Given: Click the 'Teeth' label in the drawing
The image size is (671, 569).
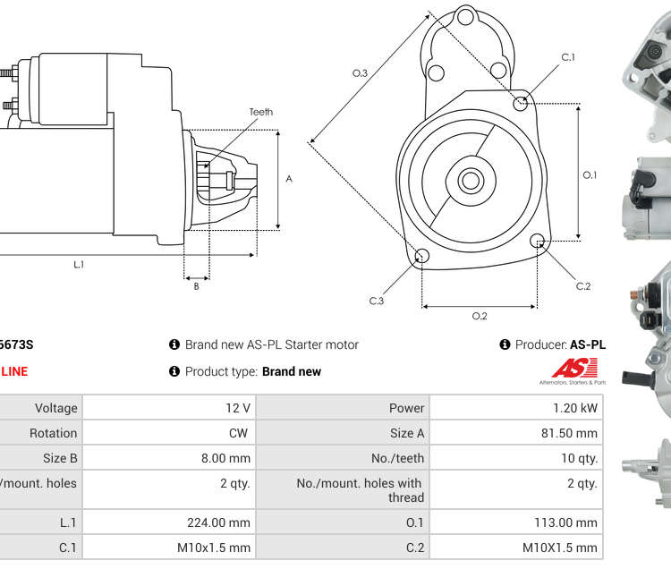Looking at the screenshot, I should [260, 112].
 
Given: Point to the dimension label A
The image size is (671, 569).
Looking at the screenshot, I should [289, 179].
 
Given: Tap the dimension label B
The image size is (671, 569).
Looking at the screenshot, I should [196, 286].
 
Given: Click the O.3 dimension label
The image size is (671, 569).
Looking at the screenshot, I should [360, 73].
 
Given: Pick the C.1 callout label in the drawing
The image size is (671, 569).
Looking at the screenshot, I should [568, 57].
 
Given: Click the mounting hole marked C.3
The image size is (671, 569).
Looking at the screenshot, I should [422, 258].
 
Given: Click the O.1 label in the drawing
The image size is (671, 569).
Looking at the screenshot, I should [590, 174].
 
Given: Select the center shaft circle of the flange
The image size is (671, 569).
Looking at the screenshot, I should [471, 181].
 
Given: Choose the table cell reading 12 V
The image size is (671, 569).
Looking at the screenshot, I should [238, 408].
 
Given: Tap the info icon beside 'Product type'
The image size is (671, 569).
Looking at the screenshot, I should [174, 371].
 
